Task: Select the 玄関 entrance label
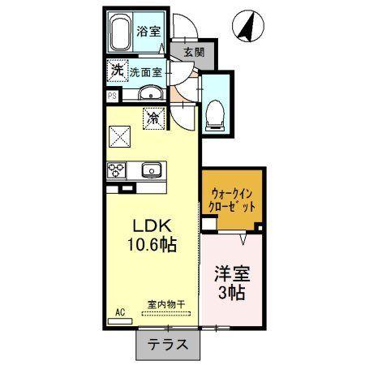coord(194,53)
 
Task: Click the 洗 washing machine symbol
coord(118,71)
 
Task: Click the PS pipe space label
coord(111,94)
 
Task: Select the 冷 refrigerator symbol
coord(153,118)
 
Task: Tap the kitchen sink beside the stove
coord(151,170)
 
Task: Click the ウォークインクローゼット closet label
coord(234,200)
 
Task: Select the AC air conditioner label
coord(118,311)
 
